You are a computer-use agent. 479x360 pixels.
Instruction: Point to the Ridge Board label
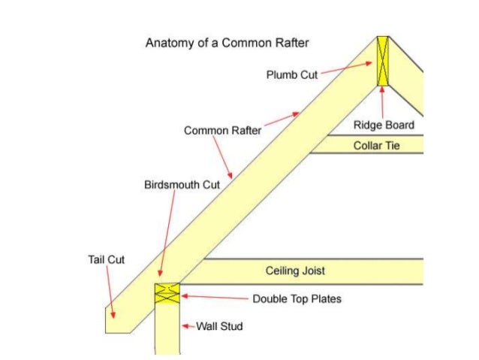tap(383, 125)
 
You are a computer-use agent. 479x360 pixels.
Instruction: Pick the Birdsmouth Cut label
tap(182, 184)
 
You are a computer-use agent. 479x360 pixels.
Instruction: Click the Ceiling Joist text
tap(295, 271)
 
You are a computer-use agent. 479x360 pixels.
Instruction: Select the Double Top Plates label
tap(297, 299)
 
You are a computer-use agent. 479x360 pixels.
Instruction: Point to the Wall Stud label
tap(220, 327)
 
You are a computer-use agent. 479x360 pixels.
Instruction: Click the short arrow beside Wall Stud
tap(188, 327)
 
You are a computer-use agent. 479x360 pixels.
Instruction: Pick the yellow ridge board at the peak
tap(383, 62)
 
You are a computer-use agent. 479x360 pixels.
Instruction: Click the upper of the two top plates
tap(167, 288)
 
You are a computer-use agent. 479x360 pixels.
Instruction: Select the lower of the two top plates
tap(167, 298)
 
